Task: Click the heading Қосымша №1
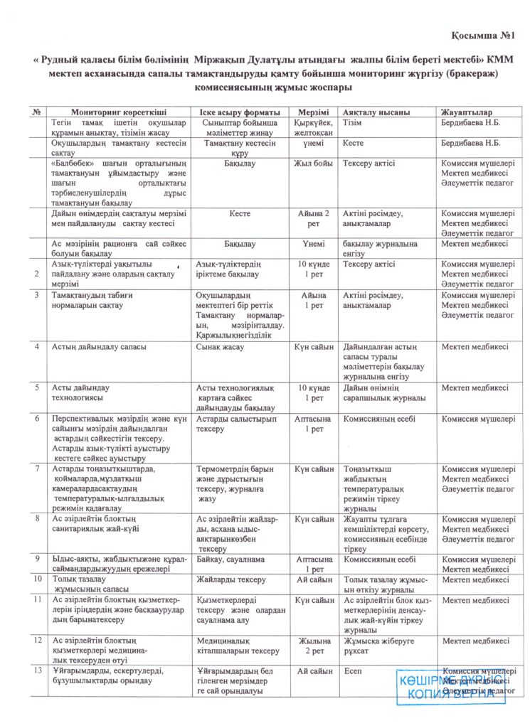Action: [483, 36]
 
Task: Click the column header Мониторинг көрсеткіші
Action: [119, 112]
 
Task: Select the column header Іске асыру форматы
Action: [236, 112]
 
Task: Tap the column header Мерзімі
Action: [313, 112]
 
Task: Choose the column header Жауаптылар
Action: [467, 112]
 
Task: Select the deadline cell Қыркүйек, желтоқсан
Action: [313, 127]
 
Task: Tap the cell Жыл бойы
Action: [313, 163]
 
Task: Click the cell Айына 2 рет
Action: [313, 218]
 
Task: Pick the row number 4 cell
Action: [37, 347]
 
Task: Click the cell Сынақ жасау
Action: [220, 347]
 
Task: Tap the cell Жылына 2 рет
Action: [313, 646]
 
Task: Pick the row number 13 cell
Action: [37, 671]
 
